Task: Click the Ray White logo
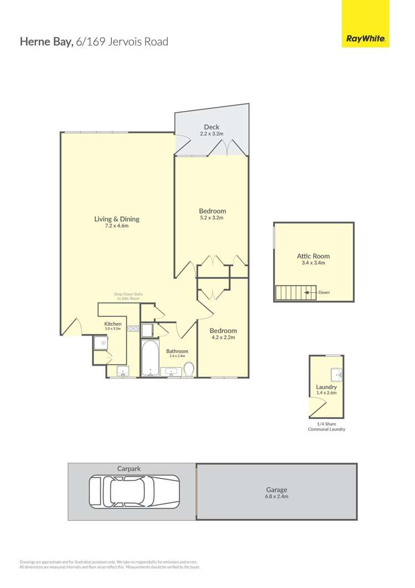click(x=365, y=39)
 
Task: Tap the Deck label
click(x=211, y=127)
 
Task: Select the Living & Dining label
click(x=116, y=219)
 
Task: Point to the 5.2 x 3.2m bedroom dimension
click(x=212, y=218)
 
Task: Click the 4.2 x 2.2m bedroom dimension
click(x=223, y=337)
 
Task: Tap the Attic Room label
click(x=313, y=256)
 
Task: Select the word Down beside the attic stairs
click(x=324, y=292)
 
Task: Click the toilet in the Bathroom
click(x=188, y=369)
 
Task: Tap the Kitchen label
click(x=112, y=324)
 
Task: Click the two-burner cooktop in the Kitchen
click(x=133, y=329)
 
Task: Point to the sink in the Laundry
click(x=336, y=374)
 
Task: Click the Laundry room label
click(x=326, y=387)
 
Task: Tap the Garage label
click(x=276, y=489)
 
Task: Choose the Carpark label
click(x=129, y=469)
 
